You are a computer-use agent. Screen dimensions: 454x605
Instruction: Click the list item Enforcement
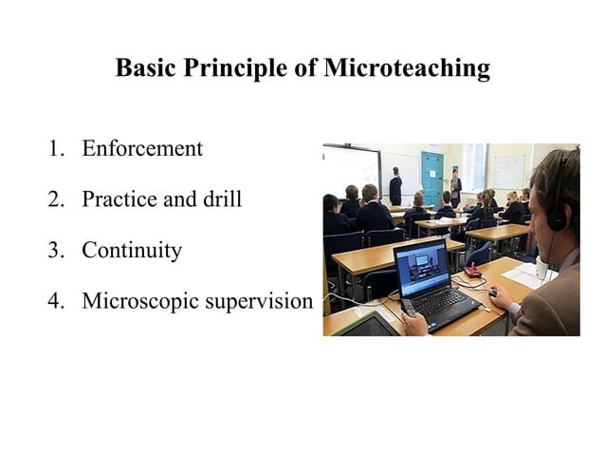142,148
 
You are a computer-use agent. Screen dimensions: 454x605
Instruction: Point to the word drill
222,199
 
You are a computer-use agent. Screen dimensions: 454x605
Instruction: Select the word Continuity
132,251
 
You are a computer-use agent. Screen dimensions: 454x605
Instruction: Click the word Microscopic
139,301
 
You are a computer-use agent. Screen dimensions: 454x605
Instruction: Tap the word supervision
258,301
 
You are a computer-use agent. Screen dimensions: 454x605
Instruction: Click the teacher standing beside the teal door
456,186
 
